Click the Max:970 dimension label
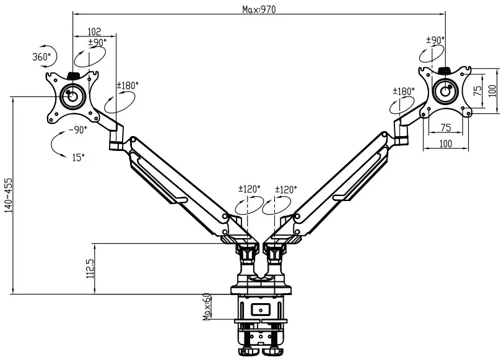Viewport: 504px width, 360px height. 259,9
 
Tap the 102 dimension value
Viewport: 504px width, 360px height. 94,32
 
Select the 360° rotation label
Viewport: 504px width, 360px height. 41,56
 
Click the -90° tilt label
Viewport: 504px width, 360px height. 78,130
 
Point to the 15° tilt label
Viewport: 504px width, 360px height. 77,158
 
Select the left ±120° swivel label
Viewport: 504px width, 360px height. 250,189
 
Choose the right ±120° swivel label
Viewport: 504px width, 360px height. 285,189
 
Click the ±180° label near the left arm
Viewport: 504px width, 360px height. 128,85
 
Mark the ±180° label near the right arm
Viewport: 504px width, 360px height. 403,91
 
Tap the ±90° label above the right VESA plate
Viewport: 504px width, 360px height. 435,40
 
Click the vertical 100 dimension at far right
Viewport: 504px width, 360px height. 492,90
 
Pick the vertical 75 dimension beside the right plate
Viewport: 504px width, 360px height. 477,90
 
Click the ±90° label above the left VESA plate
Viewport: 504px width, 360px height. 97,42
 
